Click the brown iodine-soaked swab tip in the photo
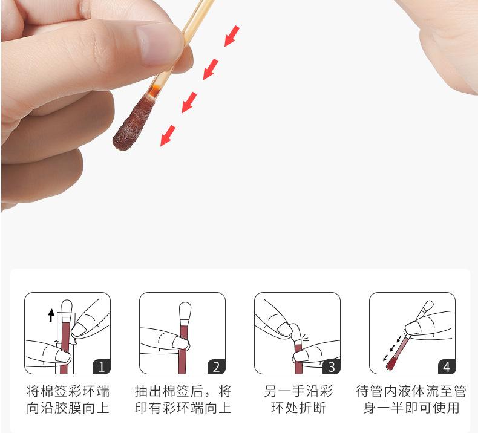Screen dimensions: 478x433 (133, 123)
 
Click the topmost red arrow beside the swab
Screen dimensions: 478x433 (232, 36)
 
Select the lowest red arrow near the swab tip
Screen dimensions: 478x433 (168, 136)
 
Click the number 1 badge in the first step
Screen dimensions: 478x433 (102, 367)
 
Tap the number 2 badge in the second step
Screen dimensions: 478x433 (217, 367)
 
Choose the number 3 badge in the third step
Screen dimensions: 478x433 (332, 367)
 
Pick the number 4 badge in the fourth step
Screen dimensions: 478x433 (447, 367)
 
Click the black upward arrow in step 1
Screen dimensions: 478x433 (51, 316)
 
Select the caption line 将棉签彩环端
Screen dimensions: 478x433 (68, 391)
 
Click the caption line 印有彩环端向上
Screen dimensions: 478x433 (183, 408)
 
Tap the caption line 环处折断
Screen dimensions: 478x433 (298, 408)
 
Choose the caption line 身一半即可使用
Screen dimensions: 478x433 (411, 408)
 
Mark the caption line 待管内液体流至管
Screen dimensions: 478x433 (411, 391)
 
